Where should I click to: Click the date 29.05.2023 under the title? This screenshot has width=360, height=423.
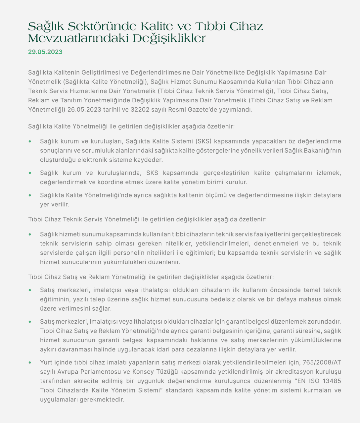pyautogui.click(x=45, y=52)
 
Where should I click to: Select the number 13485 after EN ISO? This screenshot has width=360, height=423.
pyautogui.click(x=331, y=381)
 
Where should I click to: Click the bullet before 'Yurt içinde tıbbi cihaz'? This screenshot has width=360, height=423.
pyautogui.click(x=30, y=362)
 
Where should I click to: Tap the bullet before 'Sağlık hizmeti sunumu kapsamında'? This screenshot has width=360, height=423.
pyautogui.click(x=30, y=234)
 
